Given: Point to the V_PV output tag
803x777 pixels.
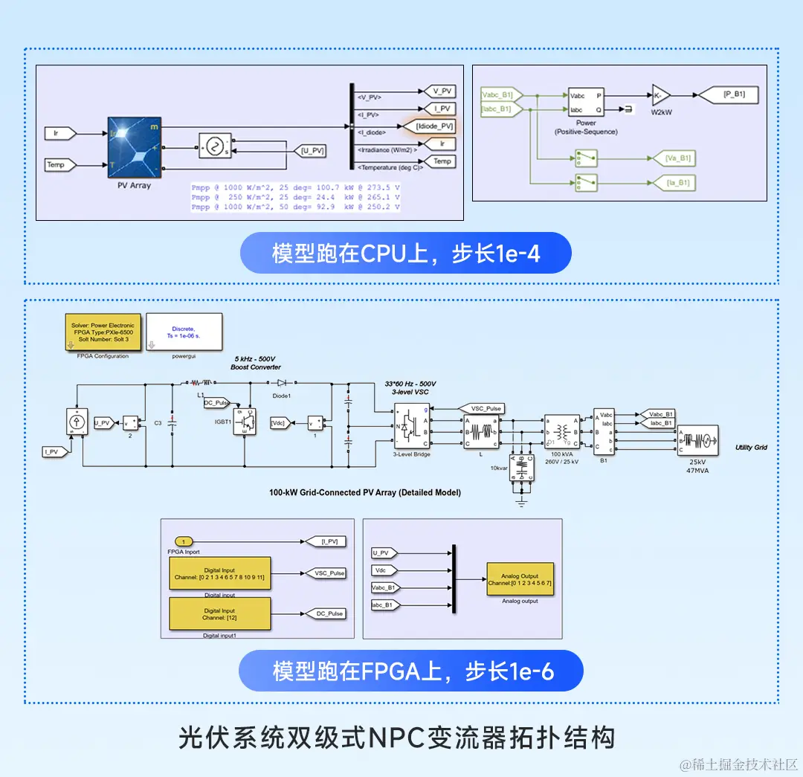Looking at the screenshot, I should [442, 91].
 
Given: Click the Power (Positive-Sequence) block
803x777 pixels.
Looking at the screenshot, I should [586, 103].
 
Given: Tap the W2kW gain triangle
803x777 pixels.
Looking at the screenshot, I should [660, 94].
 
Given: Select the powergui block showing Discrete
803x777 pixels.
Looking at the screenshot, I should [184, 332].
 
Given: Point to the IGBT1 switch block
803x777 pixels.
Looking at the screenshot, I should [243, 422].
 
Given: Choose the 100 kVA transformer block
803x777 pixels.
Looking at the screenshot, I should [561, 431].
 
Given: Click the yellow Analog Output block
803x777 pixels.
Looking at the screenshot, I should [520, 578].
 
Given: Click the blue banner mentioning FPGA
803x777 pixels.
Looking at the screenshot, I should [410, 672].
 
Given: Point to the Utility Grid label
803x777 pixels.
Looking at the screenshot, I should [750, 448].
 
